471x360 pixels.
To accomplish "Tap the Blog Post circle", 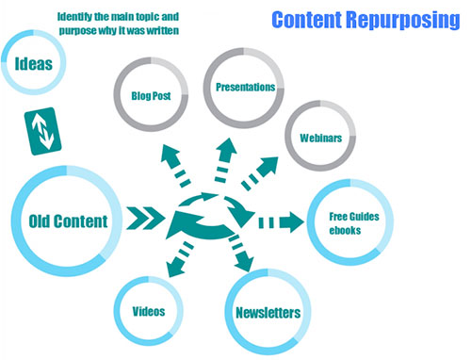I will point(153,95).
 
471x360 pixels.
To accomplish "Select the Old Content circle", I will point(60,222).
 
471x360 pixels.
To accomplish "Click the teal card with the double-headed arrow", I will point(41,132).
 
